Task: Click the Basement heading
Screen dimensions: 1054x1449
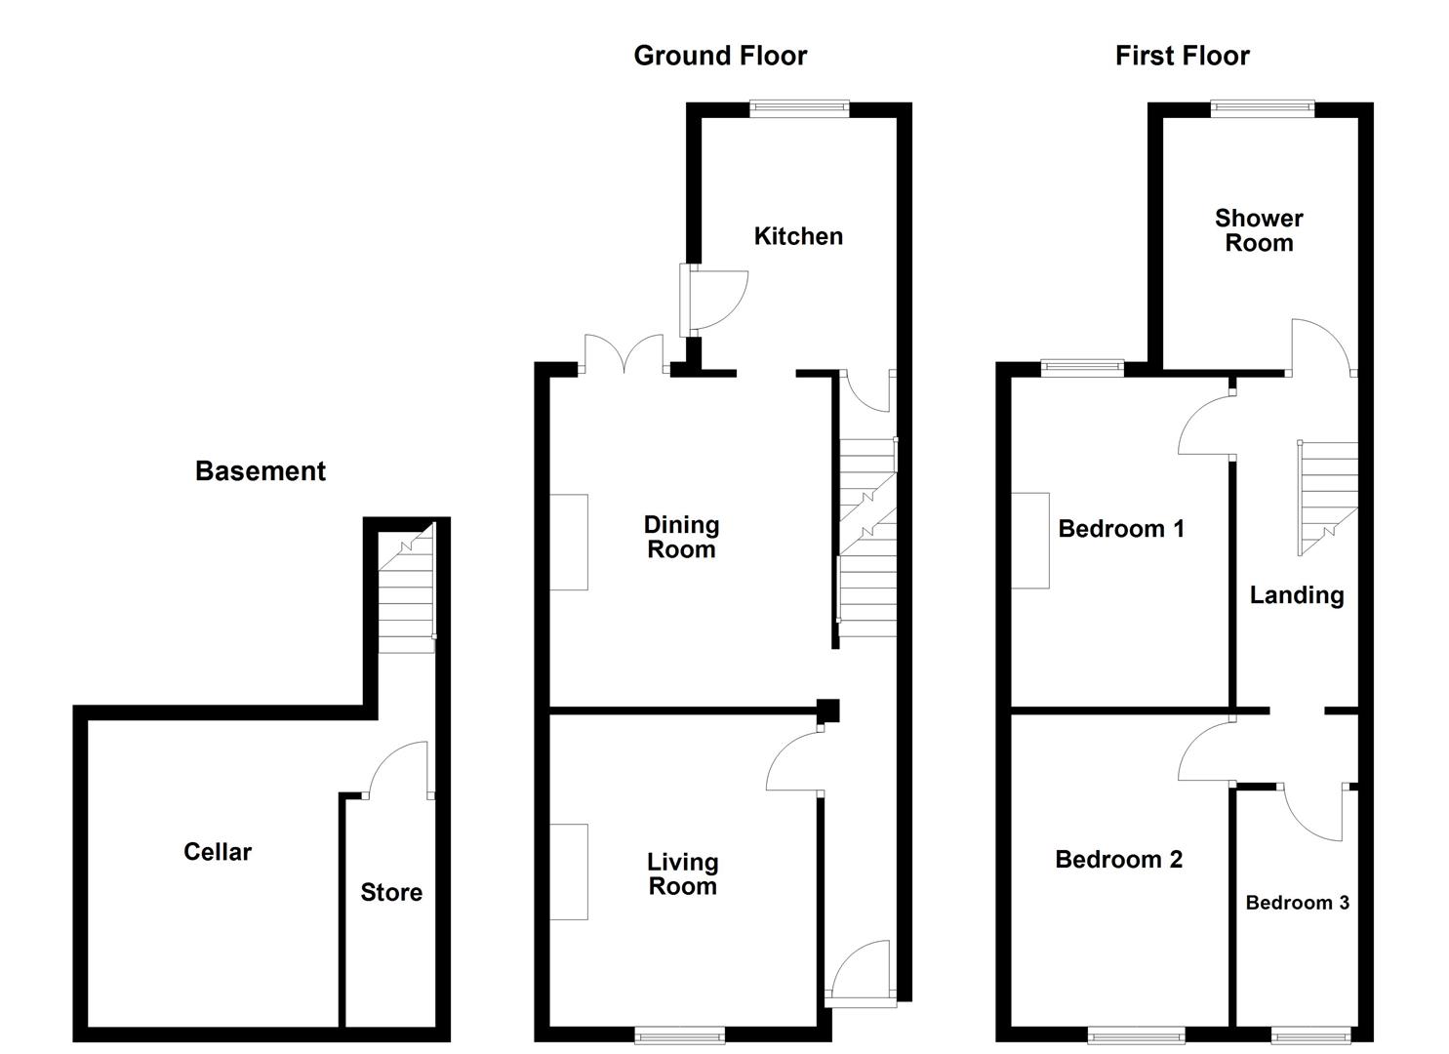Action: [x=260, y=471]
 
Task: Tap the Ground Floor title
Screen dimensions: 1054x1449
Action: [x=720, y=56]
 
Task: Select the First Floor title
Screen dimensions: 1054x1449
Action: [x=1182, y=56]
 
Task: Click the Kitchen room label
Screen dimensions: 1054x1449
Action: [x=798, y=236]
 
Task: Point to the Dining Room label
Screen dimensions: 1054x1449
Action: [x=681, y=537]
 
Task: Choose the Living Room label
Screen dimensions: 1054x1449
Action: [x=682, y=873]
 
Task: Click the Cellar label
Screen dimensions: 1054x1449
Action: [x=218, y=852]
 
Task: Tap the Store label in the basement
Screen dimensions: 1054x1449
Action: [x=391, y=892]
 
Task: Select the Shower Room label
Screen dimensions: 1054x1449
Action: [x=1259, y=230]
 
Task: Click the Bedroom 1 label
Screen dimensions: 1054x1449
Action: [x=1121, y=529]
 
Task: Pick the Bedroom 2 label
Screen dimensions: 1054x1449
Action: [x=1118, y=860]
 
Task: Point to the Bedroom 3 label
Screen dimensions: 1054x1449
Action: [x=1297, y=903]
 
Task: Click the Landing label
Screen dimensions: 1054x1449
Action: [x=1297, y=595]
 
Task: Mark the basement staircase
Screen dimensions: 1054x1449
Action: [x=406, y=590]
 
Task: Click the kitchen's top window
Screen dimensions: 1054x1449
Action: [x=799, y=108]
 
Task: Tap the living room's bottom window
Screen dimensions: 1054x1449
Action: [x=679, y=1035]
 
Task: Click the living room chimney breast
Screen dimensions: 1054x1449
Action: [x=570, y=872]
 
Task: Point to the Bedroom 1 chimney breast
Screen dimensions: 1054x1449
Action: [x=1030, y=540]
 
